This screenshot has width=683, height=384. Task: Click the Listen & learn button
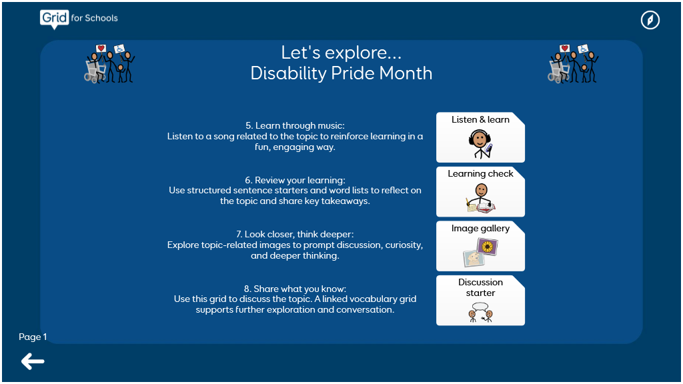pos(480,137)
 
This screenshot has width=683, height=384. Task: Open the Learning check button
pos(480,191)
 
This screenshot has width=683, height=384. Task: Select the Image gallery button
pos(480,246)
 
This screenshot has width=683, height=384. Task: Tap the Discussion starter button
pos(480,301)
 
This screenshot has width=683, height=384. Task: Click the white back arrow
pos(33,361)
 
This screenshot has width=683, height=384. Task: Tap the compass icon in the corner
pos(650,20)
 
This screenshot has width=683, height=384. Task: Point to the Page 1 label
pos(33,337)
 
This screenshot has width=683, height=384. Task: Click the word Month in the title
pos(406,73)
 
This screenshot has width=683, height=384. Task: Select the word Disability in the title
pos(288,73)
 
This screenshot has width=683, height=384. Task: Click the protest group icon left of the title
pos(109,63)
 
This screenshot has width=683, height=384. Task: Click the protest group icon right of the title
pos(573,63)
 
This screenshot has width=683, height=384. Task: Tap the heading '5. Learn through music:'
pos(295,125)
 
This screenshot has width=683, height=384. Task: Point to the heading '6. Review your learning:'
pos(295,180)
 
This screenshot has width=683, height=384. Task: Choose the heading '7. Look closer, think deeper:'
pos(295,234)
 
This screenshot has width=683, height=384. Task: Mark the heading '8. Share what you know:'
pos(295,289)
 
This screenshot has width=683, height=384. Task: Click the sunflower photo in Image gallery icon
pos(488,247)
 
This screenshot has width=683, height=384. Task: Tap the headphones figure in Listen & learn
pos(480,144)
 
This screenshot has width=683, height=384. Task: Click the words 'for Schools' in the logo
pos(95,18)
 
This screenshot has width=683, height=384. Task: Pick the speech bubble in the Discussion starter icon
pos(480,307)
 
